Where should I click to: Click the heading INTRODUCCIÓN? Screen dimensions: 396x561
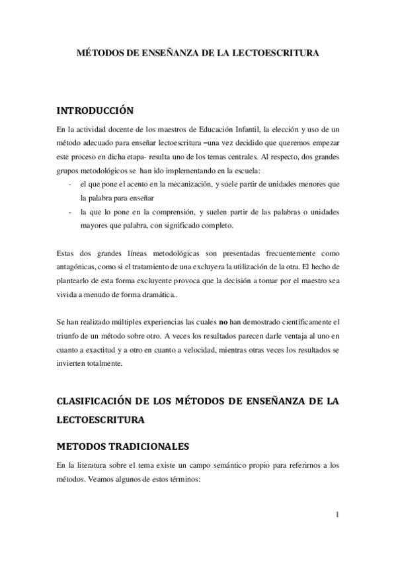point(96,110)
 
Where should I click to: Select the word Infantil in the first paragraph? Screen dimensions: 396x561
point(245,130)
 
